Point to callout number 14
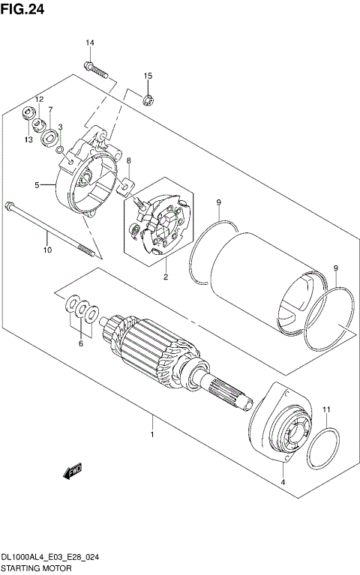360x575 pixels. pyautogui.click(x=89, y=43)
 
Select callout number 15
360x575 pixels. pyautogui.click(x=148, y=76)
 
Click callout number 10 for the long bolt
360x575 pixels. pyautogui.click(x=46, y=250)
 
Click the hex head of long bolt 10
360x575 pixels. pyautogui.click(x=9, y=205)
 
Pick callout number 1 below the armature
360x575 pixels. pyautogui.click(x=152, y=434)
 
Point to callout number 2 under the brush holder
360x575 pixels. pyautogui.click(x=165, y=277)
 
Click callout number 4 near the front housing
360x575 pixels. pyautogui.click(x=282, y=483)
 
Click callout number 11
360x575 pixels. pyautogui.click(x=325, y=409)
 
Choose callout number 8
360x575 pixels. pyautogui.click(x=128, y=161)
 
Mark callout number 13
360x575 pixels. pyautogui.click(x=28, y=139)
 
